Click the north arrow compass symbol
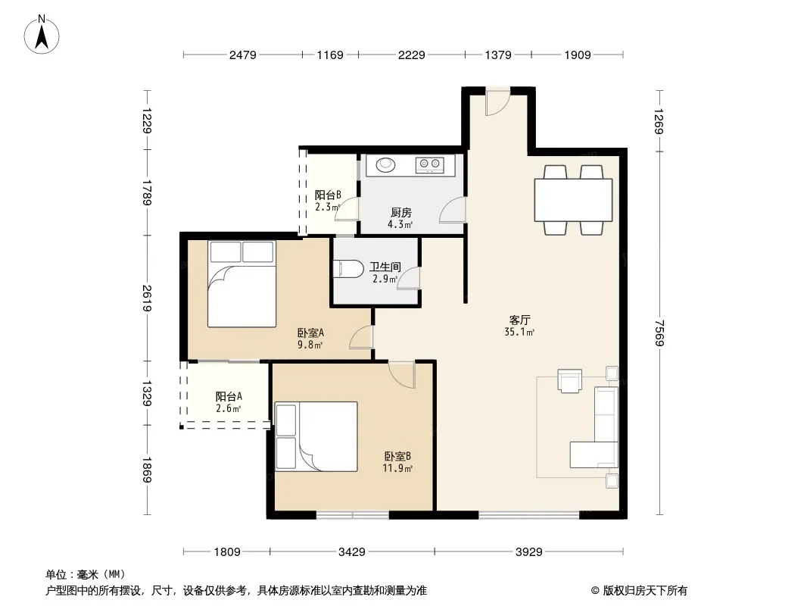point(42,35)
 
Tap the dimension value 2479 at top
point(243,55)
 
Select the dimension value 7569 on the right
point(659,333)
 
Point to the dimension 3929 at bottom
point(529,552)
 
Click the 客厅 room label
point(520,320)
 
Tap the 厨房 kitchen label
point(401,213)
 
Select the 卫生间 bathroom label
point(385,267)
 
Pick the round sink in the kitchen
point(385,165)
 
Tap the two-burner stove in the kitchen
point(430,165)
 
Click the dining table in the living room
point(573,200)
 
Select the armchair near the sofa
point(570,381)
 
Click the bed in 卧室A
point(242,284)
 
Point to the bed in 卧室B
point(316,436)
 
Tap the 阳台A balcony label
point(229,396)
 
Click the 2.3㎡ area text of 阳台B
point(327,207)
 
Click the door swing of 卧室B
point(402,374)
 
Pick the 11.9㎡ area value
point(397,469)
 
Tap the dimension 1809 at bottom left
point(227,552)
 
